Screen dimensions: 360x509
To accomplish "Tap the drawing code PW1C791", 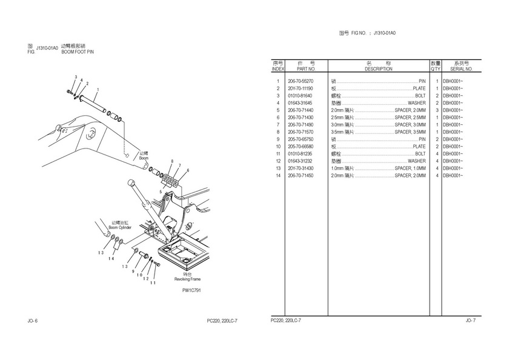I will pyautogui.click(x=191, y=291).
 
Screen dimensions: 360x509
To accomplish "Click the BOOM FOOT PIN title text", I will pyautogui.click(x=78, y=52).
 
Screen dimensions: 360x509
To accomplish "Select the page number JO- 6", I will pyautogui.click(x=33, y=320).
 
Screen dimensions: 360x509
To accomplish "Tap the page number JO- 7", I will pyautogui.click(x=470, y=320).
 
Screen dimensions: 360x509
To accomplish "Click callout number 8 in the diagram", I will pyautogui.click(x=172, y=162).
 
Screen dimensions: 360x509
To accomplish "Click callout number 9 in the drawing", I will pyautogui.click(x=133, y=271).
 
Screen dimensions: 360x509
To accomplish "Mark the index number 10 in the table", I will pyautogui.click(x=278, y=147).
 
